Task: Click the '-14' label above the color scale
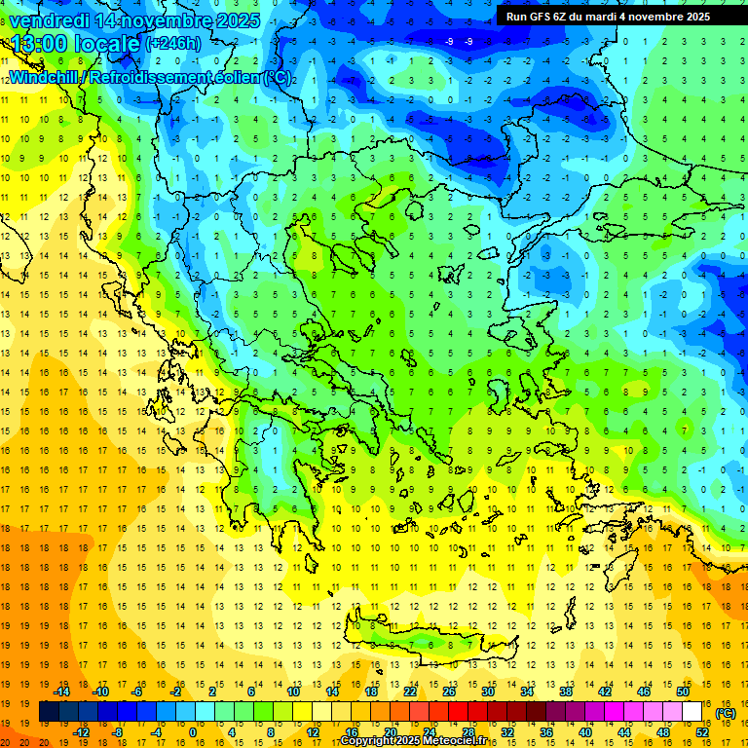61,692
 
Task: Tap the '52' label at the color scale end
702,732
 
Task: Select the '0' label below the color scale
193,732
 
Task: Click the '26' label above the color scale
449,692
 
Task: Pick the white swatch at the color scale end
692,712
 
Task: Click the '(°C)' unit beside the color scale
725,713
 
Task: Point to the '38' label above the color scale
566,692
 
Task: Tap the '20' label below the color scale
390,732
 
